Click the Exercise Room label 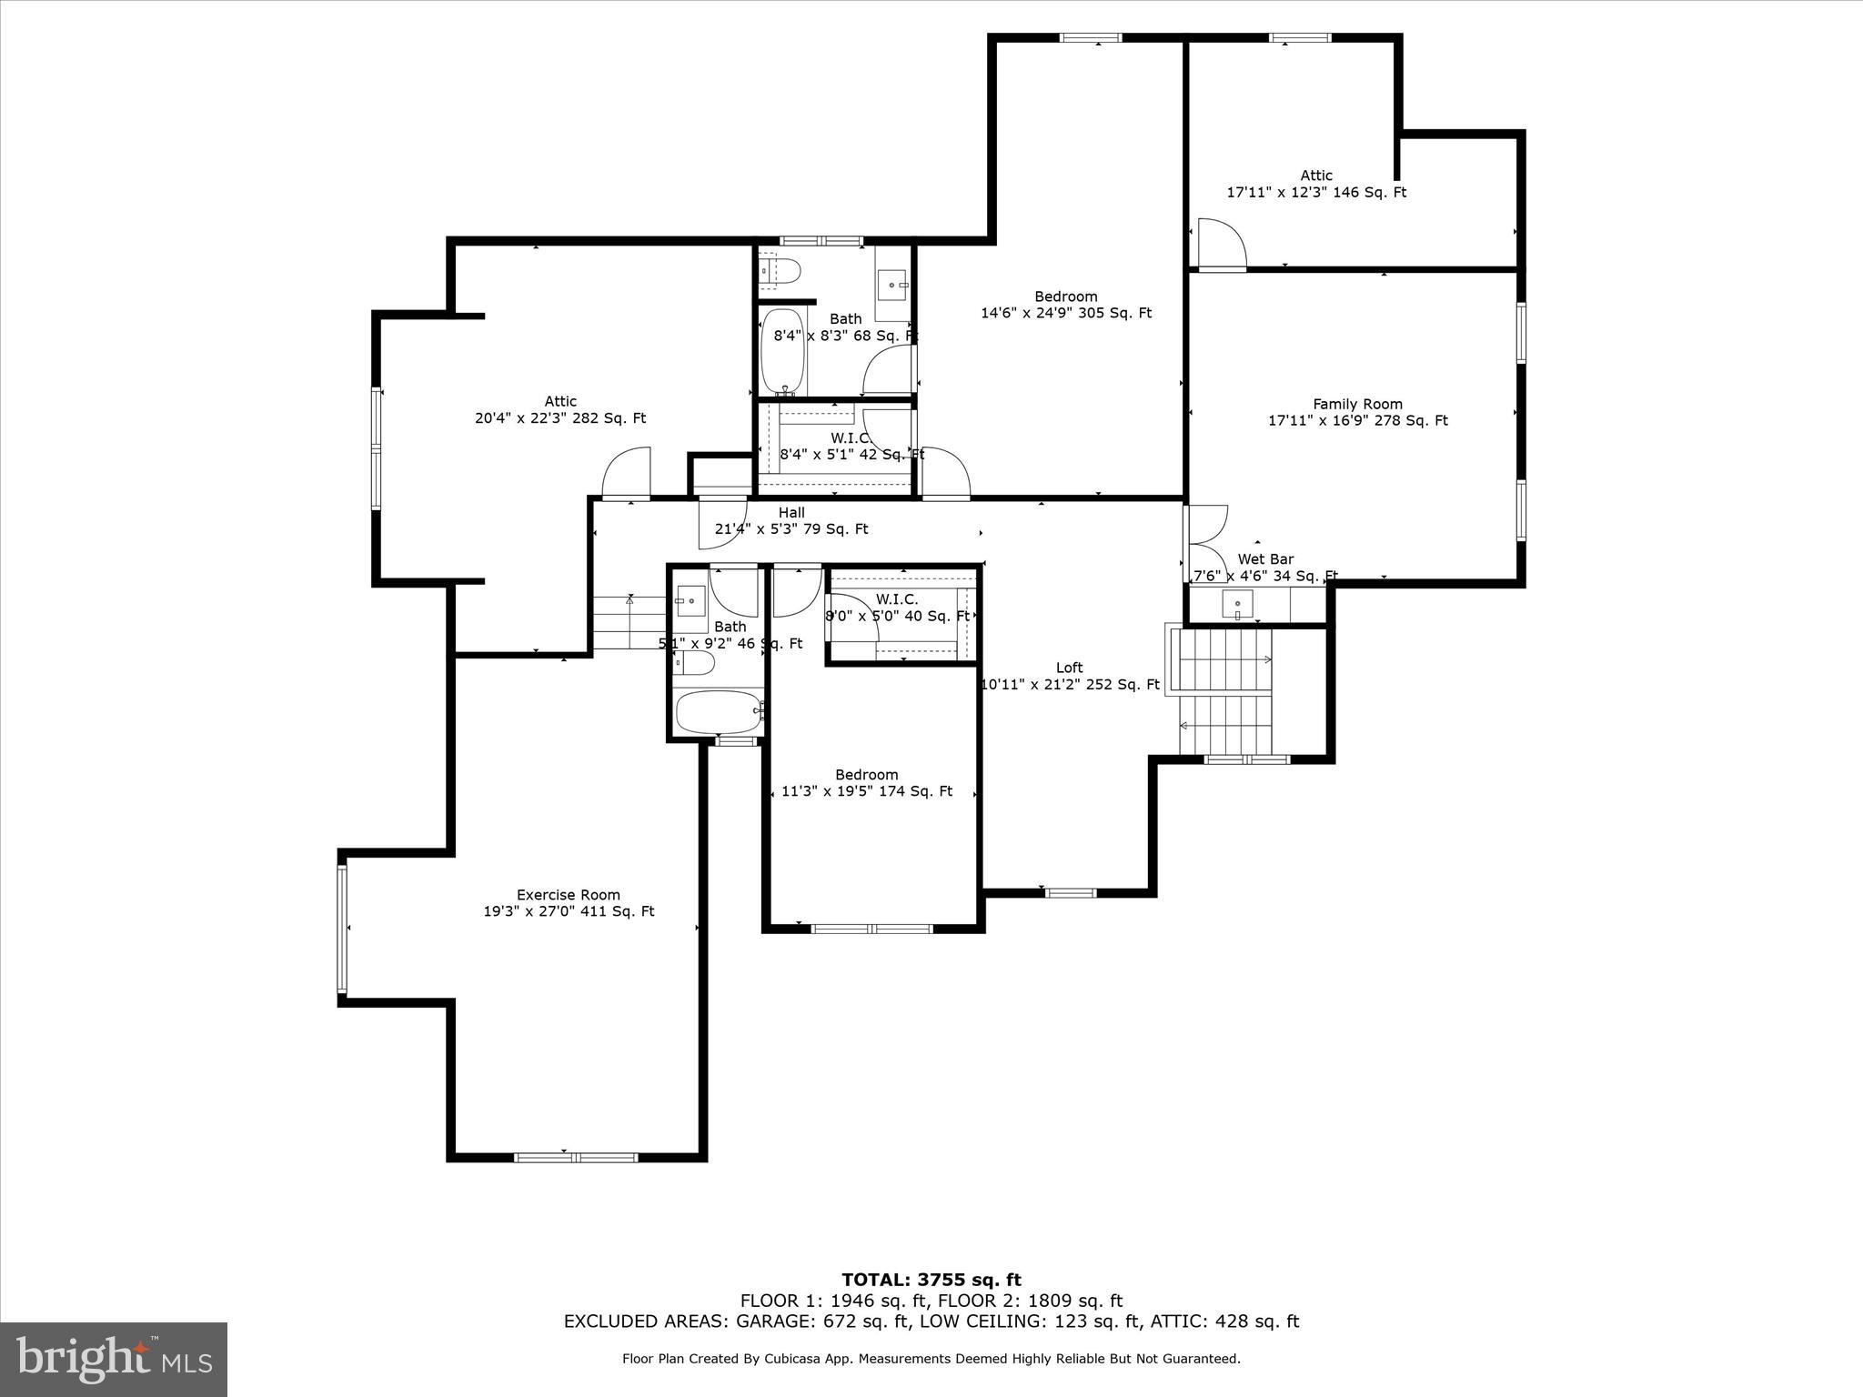[569, 895]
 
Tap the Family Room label [1357, 404]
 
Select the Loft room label [1069, 668]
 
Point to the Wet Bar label [1265, 559]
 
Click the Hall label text [791, 513]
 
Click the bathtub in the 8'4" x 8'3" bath [780, 352]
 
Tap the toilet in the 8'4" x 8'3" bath [780, 270]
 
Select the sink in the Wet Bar [1237, 604]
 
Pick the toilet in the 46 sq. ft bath [694, 663]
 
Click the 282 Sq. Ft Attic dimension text [560, 418]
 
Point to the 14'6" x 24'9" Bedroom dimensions [1066, 313]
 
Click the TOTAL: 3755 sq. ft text [931, 1280]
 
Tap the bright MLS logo [114, 1359]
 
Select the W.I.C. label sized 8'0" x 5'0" [897, 599]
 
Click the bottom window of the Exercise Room [576, 1157]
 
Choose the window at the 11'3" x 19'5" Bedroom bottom [871, 929]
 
